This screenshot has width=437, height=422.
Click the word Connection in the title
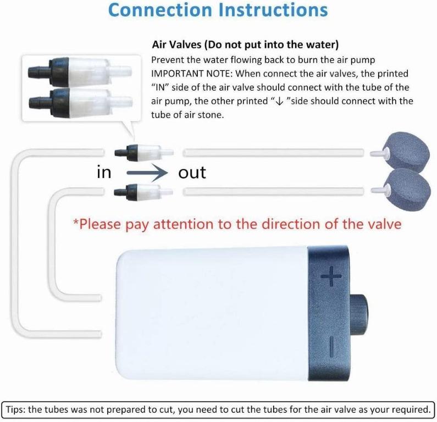coord(161,10)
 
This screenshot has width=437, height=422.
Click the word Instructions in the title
coord(273,10)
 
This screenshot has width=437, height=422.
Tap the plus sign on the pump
coord(331,276)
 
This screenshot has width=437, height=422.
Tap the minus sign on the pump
coord(331,347)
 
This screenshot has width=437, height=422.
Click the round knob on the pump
coord(359,314)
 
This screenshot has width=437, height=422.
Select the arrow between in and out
coord(147,173)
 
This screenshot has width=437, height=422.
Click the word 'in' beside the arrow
coord(104,172)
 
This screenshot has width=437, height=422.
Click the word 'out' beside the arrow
coord(192,173)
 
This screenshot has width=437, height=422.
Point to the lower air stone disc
coord(409,191)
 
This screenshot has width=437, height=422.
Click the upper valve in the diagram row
coord(144,153)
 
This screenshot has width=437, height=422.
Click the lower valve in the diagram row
coord(143,192)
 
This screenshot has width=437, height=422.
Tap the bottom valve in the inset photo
coord(80,102)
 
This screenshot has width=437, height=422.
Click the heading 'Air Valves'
coord(176,45)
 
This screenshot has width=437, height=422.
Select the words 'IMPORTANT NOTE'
coord(192,74)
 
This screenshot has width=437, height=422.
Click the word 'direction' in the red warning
coord(276,224)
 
